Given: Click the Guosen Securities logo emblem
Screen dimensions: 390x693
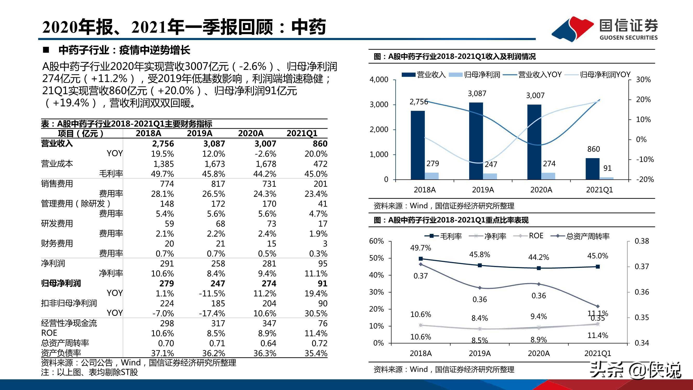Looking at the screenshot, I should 572,29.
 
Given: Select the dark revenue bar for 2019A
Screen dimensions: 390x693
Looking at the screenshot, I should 476,141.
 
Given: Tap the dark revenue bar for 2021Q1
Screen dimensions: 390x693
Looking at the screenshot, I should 593,169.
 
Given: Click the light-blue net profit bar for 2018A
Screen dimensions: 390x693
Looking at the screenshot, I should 432,176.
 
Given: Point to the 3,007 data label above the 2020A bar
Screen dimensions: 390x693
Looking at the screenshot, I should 535,95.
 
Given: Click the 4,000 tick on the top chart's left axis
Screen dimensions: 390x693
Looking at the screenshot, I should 379,80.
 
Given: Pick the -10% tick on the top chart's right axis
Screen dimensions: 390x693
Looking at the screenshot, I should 645,159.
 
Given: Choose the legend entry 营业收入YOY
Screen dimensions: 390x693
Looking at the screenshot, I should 539,75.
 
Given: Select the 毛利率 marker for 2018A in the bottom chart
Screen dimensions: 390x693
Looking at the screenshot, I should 421,259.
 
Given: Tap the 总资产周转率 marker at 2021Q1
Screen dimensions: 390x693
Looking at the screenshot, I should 598,306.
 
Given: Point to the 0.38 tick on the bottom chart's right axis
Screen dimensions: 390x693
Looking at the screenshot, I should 642,241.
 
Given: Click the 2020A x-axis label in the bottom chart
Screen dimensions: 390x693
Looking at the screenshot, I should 539,353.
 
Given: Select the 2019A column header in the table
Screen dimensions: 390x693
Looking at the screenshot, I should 200,133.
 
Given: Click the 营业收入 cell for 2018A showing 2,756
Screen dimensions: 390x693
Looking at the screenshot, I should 163,144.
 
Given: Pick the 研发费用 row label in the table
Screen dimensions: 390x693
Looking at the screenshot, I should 57,223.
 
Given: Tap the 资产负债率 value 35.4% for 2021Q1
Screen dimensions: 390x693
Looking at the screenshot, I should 316,353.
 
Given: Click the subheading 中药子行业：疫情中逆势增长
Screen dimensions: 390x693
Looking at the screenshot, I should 124,50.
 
